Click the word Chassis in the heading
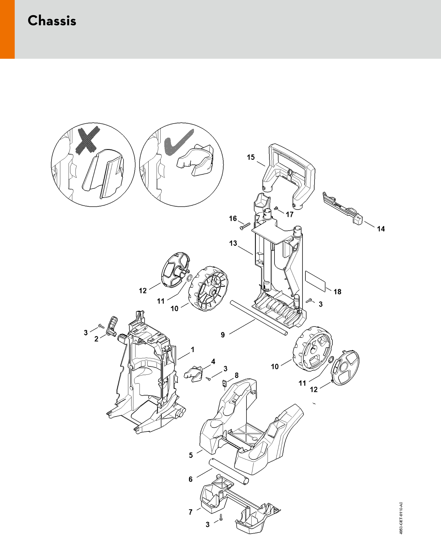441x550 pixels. click(52, 21)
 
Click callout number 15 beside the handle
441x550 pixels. click(251, 157)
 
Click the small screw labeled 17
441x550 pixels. click(276, 208)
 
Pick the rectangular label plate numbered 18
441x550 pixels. click(315, 281)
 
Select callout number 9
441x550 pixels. click(223, 335)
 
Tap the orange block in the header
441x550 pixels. click(7, 29)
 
